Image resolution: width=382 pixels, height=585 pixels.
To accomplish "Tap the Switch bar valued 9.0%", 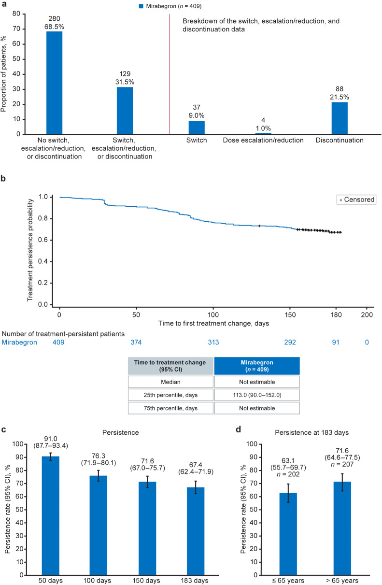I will [x=197, y=127].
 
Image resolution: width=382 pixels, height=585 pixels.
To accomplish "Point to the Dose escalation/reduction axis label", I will [x=263, y=140].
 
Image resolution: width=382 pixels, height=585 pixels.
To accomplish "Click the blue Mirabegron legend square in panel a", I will [x=142, y=6].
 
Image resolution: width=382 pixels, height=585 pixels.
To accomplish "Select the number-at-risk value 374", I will [x=137, y=342].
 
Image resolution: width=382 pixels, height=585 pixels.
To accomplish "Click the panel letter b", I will [x=4, y=179].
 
